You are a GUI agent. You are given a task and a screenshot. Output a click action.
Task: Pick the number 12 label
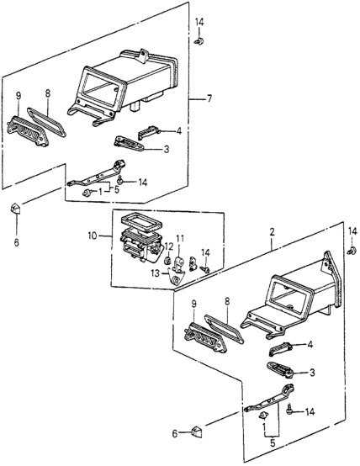point(167,246)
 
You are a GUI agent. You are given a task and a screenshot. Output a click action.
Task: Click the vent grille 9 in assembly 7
point(25,137)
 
